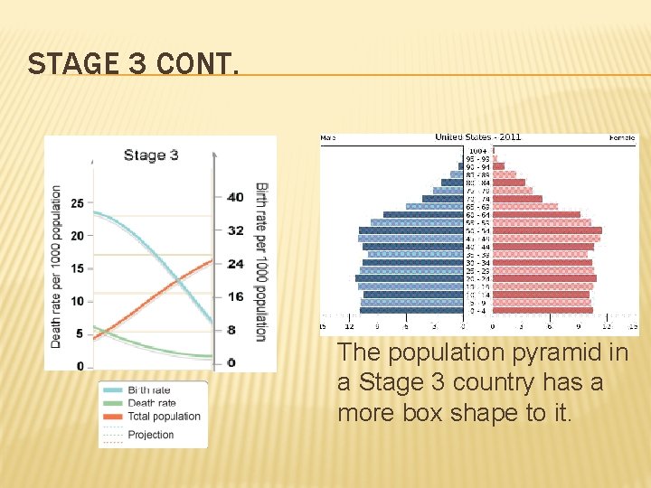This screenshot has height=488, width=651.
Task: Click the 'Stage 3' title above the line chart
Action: click(151, 155)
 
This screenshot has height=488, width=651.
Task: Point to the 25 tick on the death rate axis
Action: click(78, 203)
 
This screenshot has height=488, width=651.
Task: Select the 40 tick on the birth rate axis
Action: click(235, 197)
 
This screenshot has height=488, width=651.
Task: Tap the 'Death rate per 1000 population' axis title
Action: click(56, 267)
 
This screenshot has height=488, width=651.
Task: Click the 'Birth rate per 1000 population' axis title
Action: click(261, 262)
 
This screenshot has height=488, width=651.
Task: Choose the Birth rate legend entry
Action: click(149, 390)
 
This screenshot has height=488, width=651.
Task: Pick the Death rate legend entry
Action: click(151, 403)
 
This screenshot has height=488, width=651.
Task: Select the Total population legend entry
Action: click(164, 416)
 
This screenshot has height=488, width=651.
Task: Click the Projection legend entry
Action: click(151, 435)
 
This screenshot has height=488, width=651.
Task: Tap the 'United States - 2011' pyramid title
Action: click(477, 137)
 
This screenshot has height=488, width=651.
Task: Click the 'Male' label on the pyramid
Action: click(327, 138)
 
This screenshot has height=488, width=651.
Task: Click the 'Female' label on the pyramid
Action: click(622, 138)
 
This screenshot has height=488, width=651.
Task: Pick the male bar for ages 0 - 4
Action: click(412, 310)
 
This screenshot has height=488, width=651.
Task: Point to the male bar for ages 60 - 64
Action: click(423, 215)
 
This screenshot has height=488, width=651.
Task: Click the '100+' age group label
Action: click(477, 150)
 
